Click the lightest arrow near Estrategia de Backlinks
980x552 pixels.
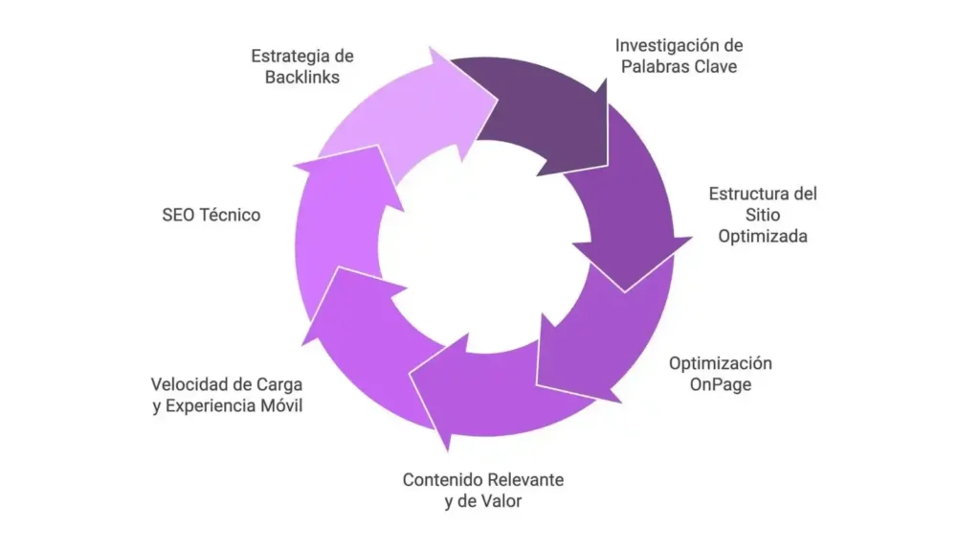(402, 115)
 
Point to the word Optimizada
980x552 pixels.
(763, 236)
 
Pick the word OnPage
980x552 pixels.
(720, 384)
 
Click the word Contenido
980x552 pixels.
(442, 479)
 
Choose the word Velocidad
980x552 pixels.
(189, 384)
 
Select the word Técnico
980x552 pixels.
(230, 216)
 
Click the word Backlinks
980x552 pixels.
(302, 77)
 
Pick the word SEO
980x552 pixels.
(178, 216)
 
